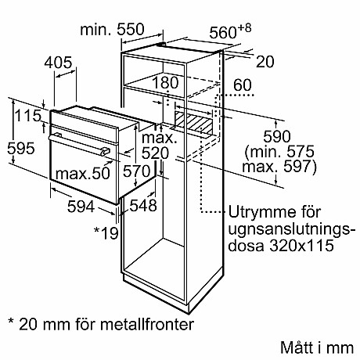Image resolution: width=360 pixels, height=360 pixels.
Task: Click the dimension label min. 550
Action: (112, 30)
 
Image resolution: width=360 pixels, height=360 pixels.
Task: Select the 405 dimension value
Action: (58, 63)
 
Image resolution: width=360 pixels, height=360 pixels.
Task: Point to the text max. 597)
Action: (279, 167)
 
